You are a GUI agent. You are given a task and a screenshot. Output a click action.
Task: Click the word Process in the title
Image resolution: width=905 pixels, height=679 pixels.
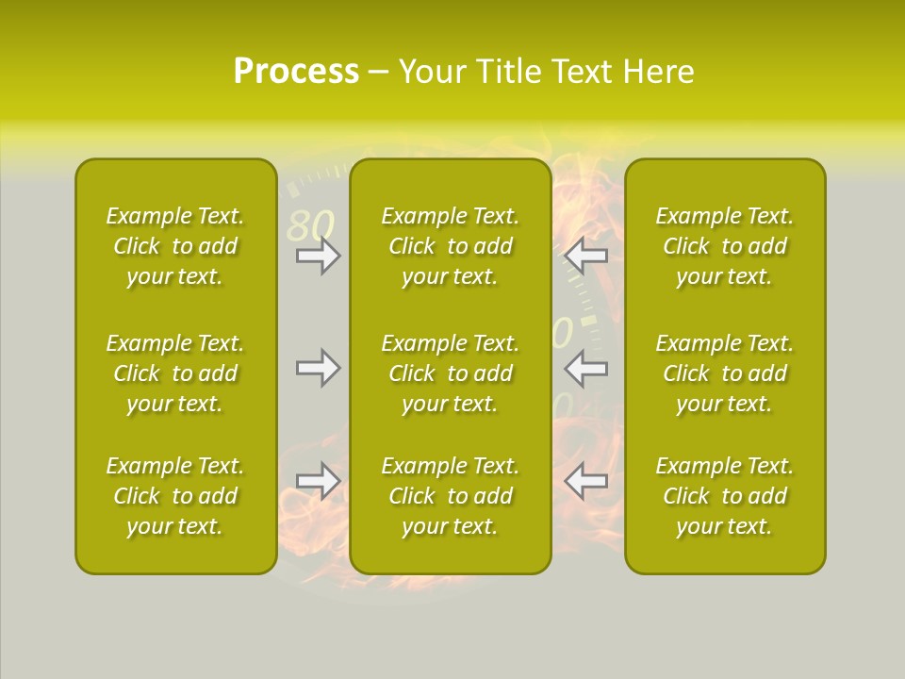(x=296, y=72)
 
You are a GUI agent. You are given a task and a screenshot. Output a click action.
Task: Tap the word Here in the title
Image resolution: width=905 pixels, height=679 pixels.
(x=658, y=72)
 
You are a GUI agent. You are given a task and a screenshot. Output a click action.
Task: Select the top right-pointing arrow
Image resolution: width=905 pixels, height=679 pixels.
(x=319, y=256)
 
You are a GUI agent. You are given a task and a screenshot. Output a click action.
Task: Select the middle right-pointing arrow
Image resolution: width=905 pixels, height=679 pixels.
(x=319, y=368)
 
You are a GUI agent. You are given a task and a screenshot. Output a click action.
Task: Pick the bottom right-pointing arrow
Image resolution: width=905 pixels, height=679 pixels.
(x=319, y=482)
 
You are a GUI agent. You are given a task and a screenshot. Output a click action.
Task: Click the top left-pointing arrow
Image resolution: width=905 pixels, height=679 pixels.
(x=585, y=256)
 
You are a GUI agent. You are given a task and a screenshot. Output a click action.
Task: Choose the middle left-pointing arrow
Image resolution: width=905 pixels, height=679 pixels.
(x=585, y=368)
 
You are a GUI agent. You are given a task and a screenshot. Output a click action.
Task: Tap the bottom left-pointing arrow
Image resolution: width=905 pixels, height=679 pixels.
(x=585, y=482)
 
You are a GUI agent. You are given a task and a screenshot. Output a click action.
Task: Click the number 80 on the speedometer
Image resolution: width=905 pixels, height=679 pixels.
(x=311, y=225)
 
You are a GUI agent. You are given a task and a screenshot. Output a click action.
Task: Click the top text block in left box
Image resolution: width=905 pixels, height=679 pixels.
(x=175, y=246)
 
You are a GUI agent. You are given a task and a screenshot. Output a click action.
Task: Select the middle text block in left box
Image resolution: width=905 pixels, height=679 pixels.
(x=175, y=373)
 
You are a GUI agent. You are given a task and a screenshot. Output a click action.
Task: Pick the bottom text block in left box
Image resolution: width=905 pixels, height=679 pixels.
(x=175, y=496)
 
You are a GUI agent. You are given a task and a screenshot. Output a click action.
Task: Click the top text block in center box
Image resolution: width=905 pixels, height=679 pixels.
(x=451, y=246)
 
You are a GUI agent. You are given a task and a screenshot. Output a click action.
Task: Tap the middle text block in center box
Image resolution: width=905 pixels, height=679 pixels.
(x=451, y=373)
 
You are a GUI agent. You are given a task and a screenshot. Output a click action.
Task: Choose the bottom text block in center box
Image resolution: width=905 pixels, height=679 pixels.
(x=451, y=496)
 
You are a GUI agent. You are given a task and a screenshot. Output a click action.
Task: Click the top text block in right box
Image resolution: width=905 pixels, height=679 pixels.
(x=725, y=246)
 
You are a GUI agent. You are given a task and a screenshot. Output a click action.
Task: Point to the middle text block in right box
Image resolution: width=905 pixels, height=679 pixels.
(x=725, y=373)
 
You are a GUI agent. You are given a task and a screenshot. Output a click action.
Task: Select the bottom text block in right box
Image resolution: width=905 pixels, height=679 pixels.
(x=725, y=496)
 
